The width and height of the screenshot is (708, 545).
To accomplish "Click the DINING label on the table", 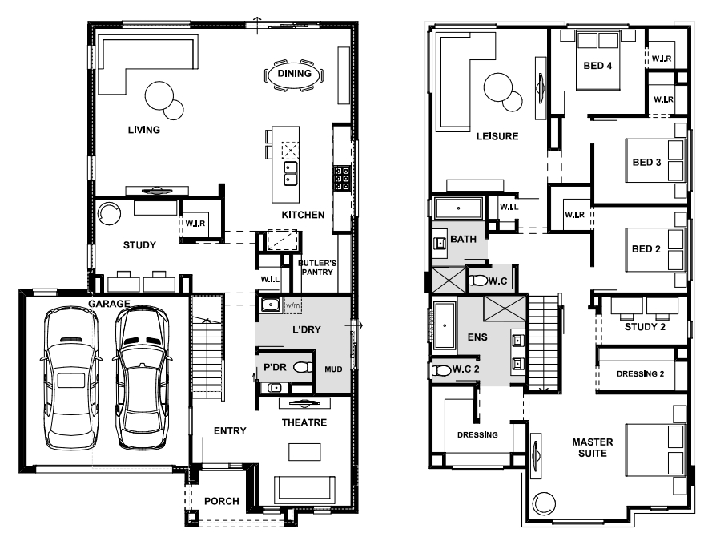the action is tap(295, 74).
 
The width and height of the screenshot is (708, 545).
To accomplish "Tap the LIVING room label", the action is tap(144, 130).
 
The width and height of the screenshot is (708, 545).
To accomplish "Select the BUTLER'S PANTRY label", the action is tap(317, 268).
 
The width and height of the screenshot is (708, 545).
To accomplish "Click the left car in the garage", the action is tap(71, 377).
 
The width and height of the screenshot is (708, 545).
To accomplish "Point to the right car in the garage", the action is tap(142, 377).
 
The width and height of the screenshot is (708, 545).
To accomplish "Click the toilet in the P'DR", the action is tap(303, 367).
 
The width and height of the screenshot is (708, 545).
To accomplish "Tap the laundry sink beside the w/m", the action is tap(271, 305).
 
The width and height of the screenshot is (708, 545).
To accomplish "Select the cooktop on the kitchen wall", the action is tap(342, 178).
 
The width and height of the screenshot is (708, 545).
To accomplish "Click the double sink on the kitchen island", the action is tap(290, 174).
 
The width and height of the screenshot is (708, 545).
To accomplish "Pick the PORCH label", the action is tap(222, 501).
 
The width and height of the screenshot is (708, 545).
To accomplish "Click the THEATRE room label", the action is tap(304, 422).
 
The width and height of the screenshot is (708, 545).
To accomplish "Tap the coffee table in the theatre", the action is tap(305, 452).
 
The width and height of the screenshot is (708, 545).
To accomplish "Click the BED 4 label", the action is tap(597, 66).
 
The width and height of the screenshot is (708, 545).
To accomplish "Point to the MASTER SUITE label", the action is tap(593, 447).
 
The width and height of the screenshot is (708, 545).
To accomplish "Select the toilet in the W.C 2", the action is tap(441, 370).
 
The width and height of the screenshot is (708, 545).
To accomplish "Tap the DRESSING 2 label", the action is tap(640, 374).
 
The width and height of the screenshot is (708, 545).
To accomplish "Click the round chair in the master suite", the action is tap(544, 503).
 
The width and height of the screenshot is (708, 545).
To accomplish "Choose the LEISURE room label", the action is tap(497, 136).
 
